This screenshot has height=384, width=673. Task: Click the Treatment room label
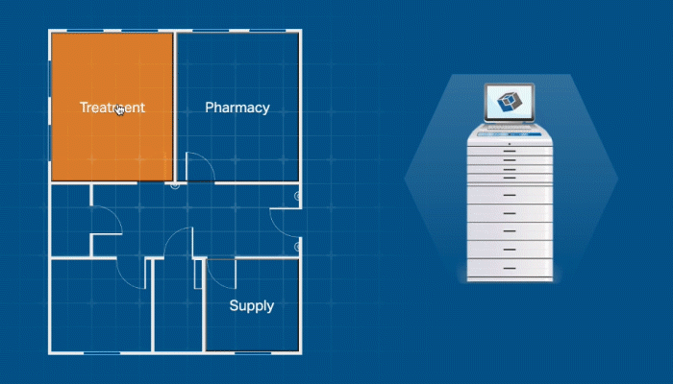coord(112,108)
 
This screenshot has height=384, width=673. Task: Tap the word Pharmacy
coord(237,108)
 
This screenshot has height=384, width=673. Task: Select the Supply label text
coord(251,306)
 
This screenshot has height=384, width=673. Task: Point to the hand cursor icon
coord(120,110)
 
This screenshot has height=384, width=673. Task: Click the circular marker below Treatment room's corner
coord(174,185)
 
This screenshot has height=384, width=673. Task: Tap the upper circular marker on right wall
coord(298,196)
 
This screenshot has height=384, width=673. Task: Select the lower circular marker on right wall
coord(297,244)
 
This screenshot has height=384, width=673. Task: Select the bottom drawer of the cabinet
coord(510,266)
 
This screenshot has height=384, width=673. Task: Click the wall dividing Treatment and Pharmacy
coord(174,106)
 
